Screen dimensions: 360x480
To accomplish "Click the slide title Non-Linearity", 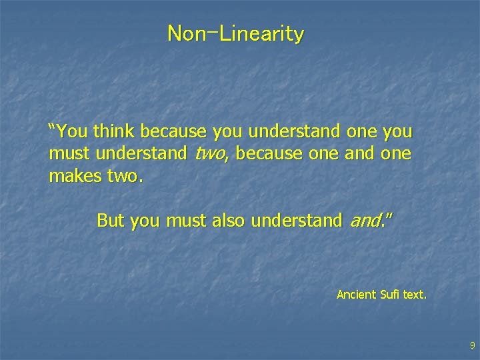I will [x=236, y=33].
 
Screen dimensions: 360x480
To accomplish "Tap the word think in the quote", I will [x=117, y=132].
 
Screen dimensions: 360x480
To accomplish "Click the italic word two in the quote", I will [x=209, y=155].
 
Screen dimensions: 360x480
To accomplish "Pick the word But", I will [x=111, y=221].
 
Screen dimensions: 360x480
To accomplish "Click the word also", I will [x=228, y=221].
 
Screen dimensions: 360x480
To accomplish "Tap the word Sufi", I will [x=390, y=294].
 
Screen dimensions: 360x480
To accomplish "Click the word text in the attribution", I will [x=414, y=294].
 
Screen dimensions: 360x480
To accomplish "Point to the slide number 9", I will [x=472, y=345].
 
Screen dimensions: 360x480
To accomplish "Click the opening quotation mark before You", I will [x=52, y=128].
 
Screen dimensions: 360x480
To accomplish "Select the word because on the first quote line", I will [x=175, y=132].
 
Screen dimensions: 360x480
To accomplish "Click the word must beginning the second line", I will [x=70, y=155].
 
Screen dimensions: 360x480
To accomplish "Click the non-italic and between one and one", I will [x=359, y=155].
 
